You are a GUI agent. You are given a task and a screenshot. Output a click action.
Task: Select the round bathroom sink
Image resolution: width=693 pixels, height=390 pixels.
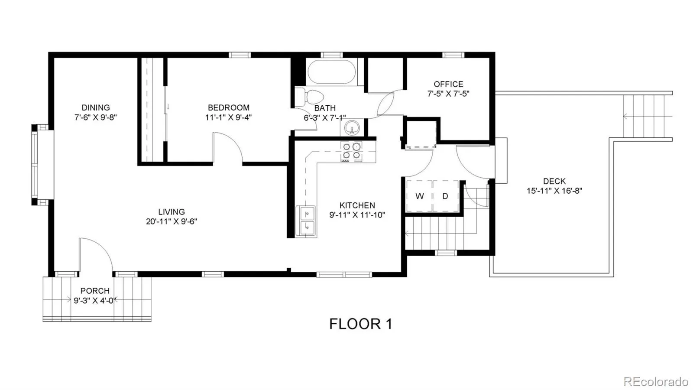click(x=353, y=127)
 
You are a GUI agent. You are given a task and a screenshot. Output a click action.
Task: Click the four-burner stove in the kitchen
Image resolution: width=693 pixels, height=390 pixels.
click(x=352, y=151)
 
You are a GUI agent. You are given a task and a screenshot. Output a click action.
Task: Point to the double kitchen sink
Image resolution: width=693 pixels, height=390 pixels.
click(x=306, y=221)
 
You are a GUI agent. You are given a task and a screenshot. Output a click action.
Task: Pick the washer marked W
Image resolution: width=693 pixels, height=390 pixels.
click(x=419, y=196)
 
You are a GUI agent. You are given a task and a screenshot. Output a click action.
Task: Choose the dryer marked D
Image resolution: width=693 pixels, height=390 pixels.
click(x=446, y=196)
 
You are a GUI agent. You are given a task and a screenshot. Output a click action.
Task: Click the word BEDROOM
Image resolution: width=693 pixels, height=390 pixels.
click(x=229, y=108)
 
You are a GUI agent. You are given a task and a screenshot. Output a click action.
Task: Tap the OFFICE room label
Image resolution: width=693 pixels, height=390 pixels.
click(x=448, y=84)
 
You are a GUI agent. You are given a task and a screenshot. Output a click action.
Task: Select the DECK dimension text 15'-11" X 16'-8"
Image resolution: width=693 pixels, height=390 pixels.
click(x=554, y=191)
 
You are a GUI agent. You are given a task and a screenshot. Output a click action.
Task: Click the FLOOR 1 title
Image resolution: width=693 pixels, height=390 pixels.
click(x=361, y=324)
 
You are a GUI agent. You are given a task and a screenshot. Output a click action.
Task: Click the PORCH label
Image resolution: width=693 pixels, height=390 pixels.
click(x=95, y=291)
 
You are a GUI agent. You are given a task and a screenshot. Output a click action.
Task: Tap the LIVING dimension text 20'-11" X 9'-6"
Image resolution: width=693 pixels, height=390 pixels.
click(x=172, y=221)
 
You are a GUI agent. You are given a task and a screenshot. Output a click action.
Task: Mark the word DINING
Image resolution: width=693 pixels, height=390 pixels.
click(x=96, y=108)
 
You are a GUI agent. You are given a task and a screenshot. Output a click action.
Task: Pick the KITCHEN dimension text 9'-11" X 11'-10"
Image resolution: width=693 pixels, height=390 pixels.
click(x=357, y=215)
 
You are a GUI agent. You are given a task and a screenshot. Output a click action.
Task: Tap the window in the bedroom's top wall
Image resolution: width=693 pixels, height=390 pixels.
click(x=240, y=55)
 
